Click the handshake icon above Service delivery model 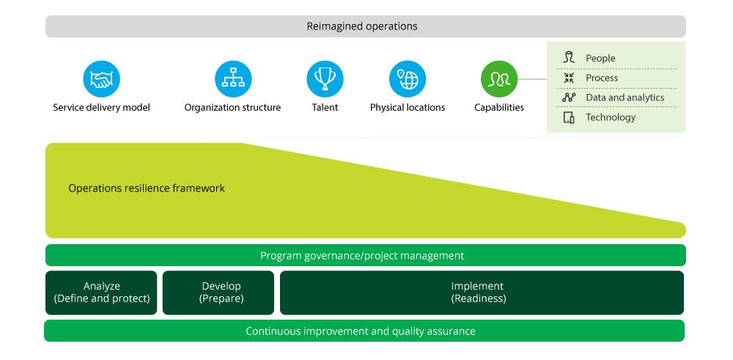coord(101,79)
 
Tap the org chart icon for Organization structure coord(233,79)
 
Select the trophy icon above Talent coord(325,79)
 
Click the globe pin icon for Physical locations coord(408,79)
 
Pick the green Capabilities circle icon coord(499,79)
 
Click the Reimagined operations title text coord(362,26)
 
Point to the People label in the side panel coord(600,59)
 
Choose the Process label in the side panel coord(602,78)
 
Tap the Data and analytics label coord(625,98)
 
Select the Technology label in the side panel coord(611,117)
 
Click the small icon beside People coord(569,58)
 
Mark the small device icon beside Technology coord(569,117)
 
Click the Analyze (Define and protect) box coord(101,293)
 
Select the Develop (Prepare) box coord(218,293)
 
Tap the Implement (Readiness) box coord(482,293)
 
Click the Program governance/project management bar coord(366,255)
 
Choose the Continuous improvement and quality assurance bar coord(364,331)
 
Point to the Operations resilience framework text coord(147,188)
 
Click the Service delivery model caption coord(101,108)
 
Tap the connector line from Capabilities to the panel coord(532,79)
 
